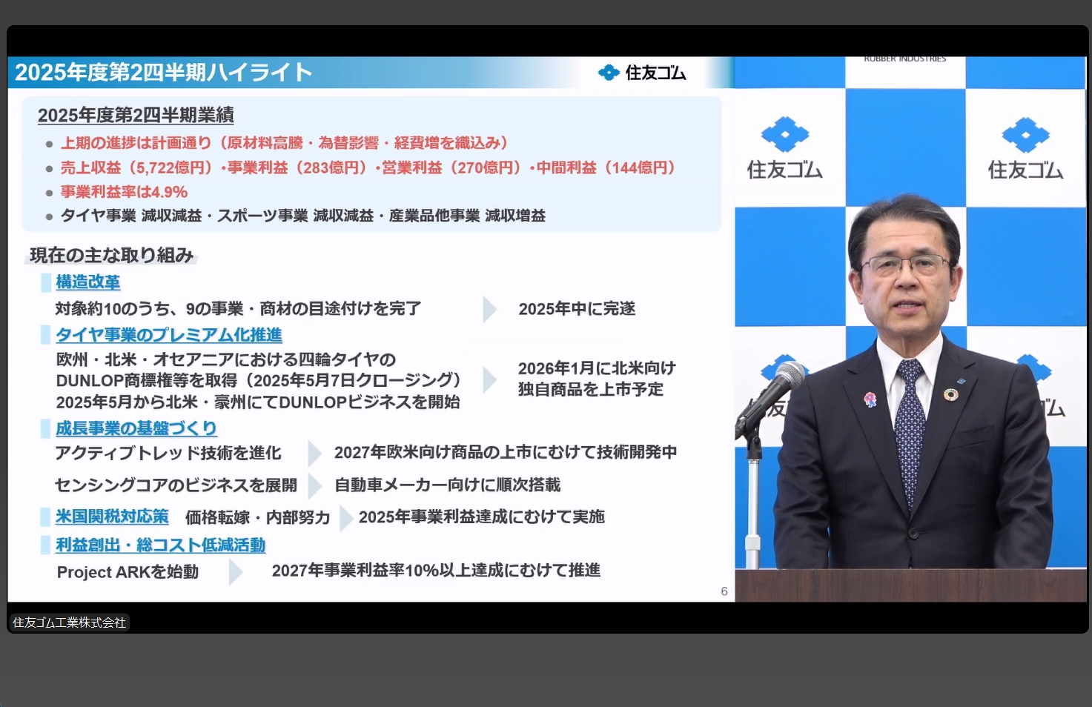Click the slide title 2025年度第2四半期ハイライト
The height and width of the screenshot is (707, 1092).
coord(163,72)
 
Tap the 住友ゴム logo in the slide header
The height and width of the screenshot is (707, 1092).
coord(642,73)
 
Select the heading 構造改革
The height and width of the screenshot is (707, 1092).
coord(87,282)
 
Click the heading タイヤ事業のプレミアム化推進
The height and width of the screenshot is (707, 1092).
coord(169,335)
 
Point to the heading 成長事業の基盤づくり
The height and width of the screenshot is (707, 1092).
coord(136,428)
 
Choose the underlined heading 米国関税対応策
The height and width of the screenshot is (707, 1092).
coord(112,517)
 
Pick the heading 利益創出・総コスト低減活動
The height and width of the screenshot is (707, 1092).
coord(160,545)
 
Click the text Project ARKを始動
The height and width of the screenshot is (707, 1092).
coord(128,572)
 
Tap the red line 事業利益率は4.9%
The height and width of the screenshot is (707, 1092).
coord(124,192)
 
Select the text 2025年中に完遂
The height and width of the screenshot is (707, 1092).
coord(577,309)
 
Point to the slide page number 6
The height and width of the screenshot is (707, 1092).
coord(724,591)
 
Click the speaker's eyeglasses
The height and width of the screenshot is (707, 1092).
coord(906,264)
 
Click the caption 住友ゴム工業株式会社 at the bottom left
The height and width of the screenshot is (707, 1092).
coord(69,623)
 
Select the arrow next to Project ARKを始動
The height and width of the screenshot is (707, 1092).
coord(236,572)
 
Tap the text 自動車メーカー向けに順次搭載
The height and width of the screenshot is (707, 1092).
coord(447,485)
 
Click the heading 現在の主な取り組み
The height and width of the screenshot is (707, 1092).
coord(111,256)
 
